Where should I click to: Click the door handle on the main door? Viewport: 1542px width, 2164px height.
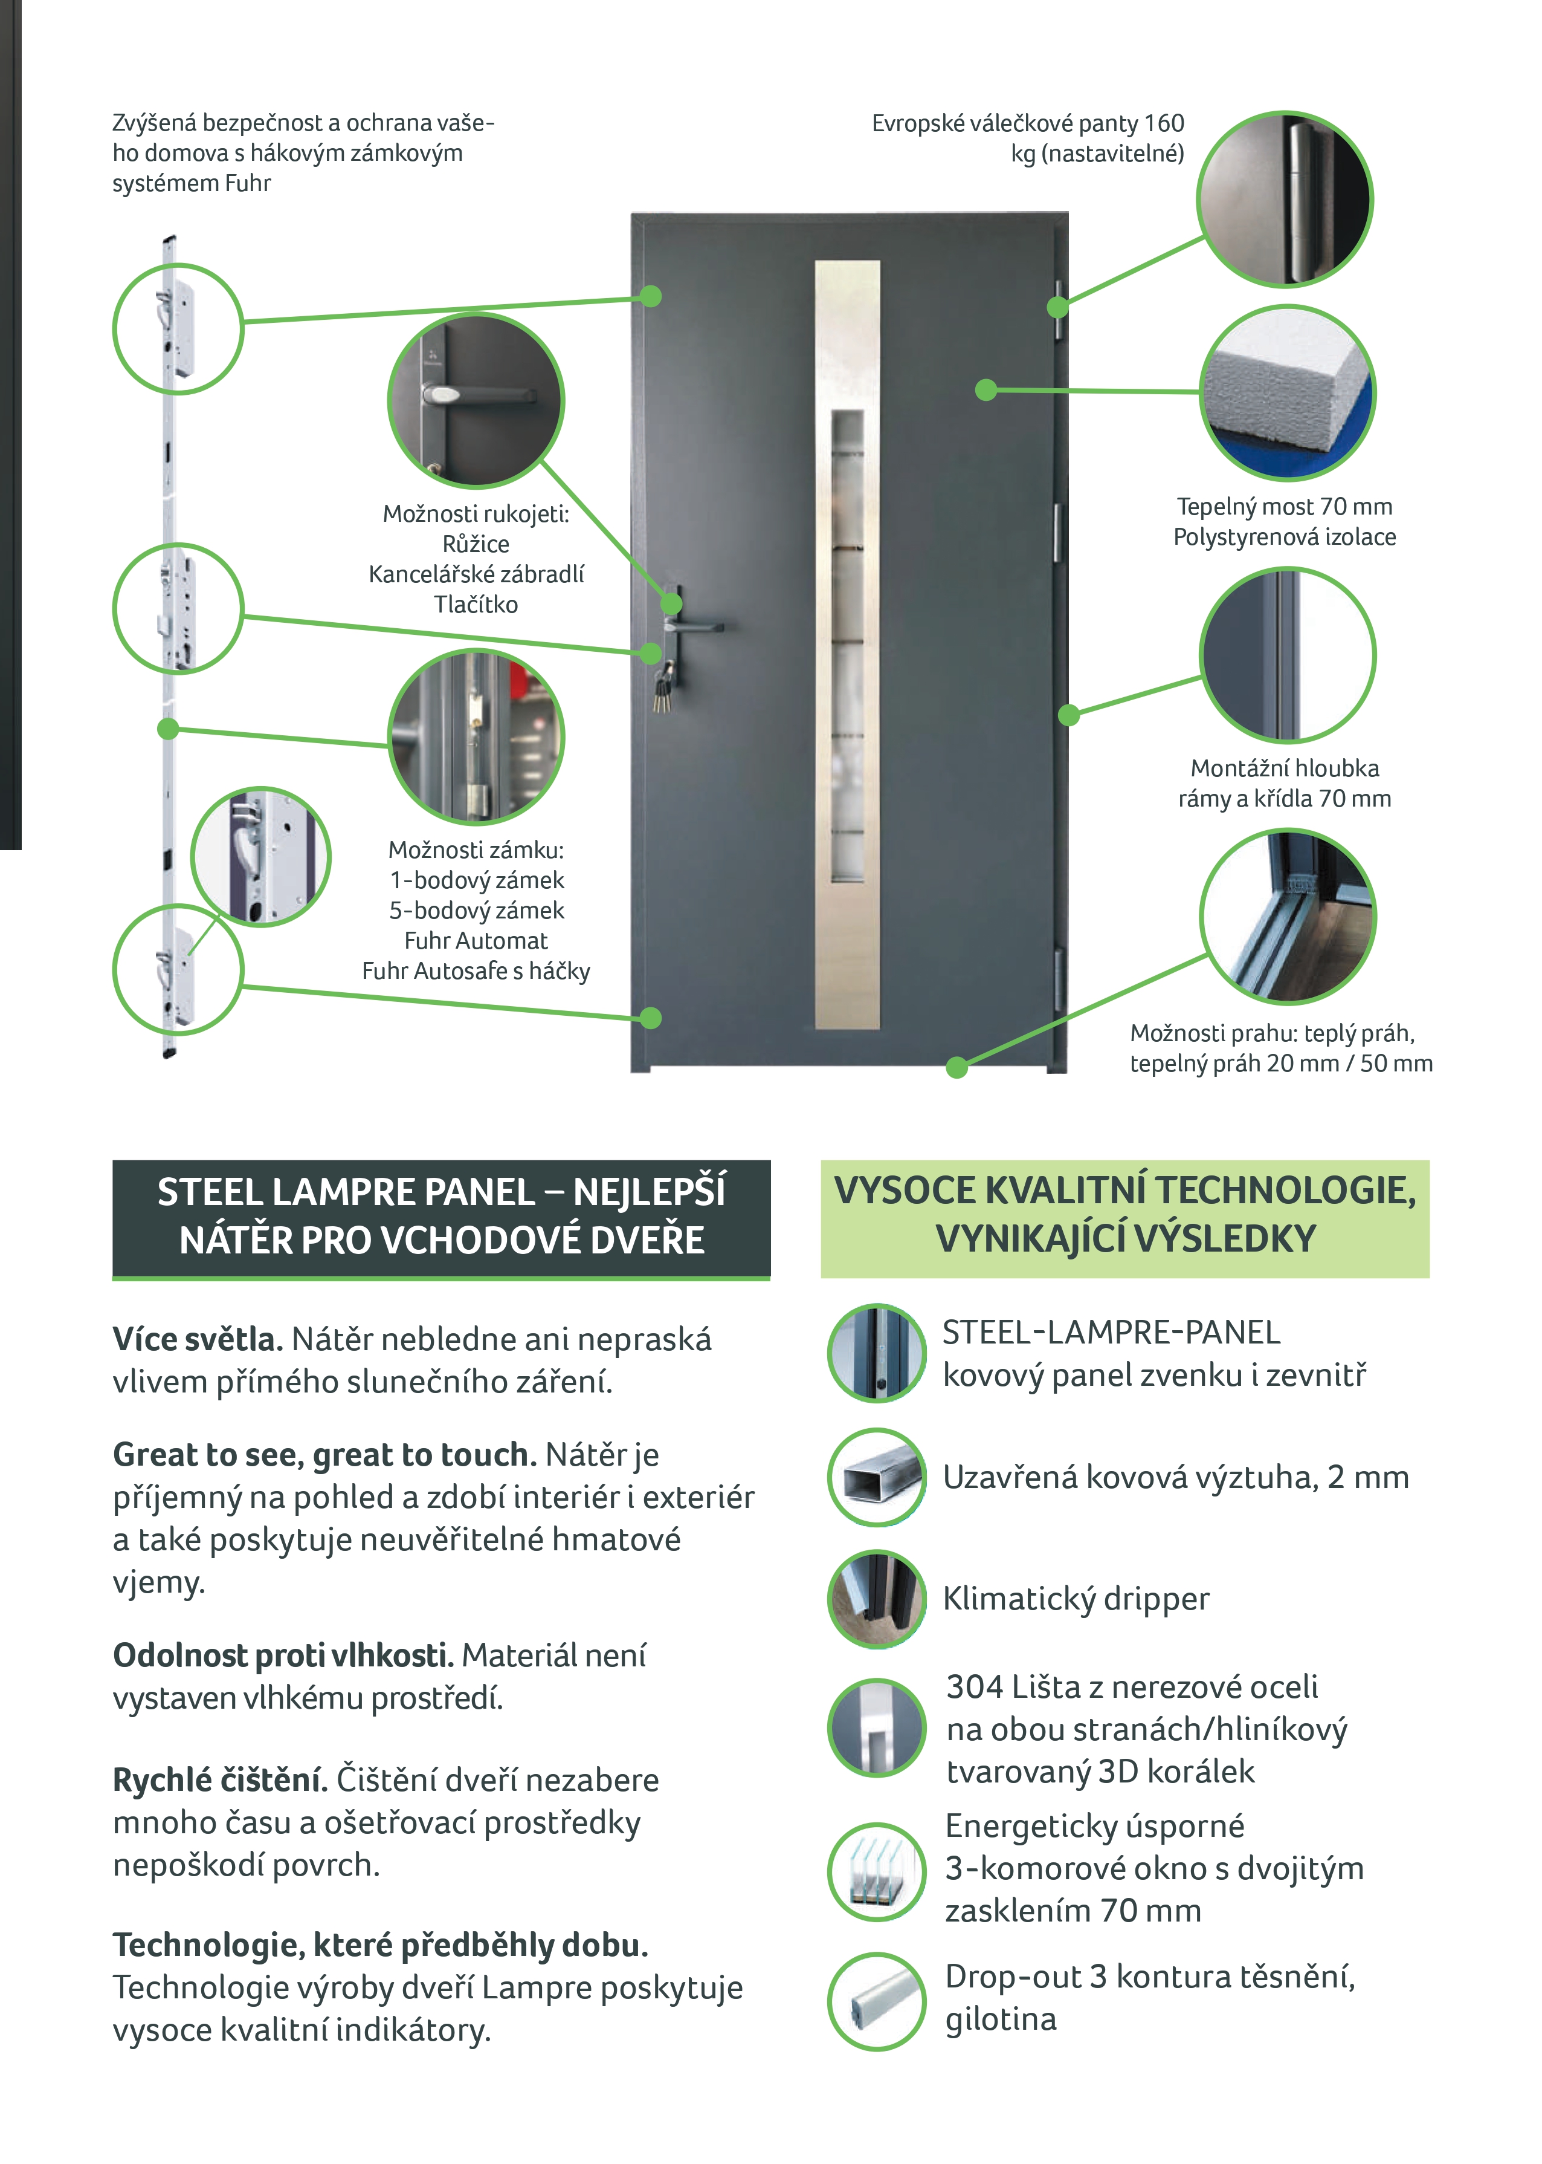[698, 626]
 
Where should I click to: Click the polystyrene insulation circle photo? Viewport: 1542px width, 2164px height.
[1288, 392]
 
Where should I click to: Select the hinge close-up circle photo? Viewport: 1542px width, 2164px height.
[1285, 200]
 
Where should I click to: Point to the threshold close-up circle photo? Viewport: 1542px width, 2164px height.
[1288, 917]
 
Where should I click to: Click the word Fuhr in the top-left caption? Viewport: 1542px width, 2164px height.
[248, 183]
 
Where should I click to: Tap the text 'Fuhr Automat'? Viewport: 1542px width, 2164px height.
[476, 940]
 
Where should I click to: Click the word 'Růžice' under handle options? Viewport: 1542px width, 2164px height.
[476, 544]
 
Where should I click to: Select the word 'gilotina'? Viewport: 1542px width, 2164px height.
[1000, 2019]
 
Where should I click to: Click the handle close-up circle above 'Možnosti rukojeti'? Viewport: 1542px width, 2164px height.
[476, 400]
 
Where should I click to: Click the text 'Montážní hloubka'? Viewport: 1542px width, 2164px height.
[1285, 768]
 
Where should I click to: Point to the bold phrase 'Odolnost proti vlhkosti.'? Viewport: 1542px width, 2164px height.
[283, 1655]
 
